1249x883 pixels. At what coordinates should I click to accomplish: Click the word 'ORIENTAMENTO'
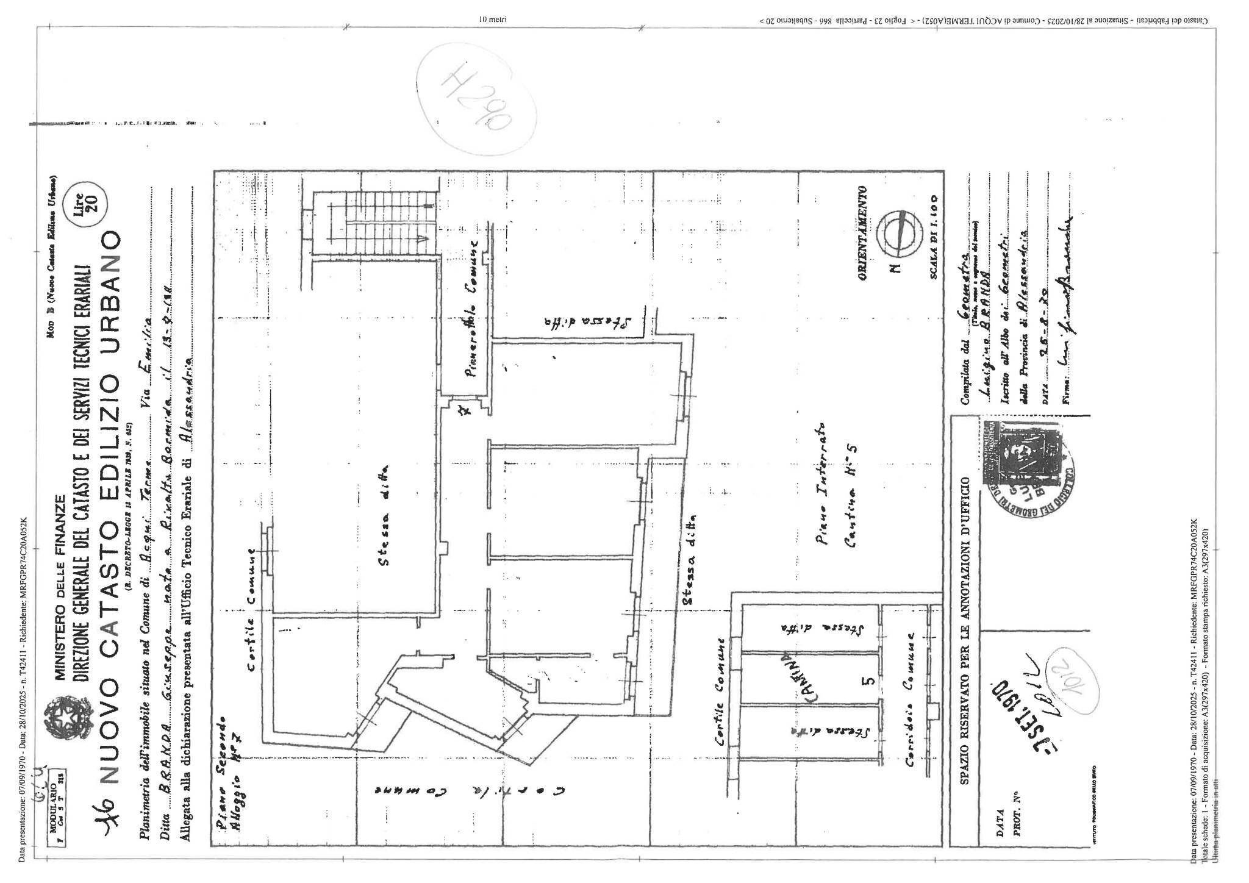pyautogui.click(x=862, y=241)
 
